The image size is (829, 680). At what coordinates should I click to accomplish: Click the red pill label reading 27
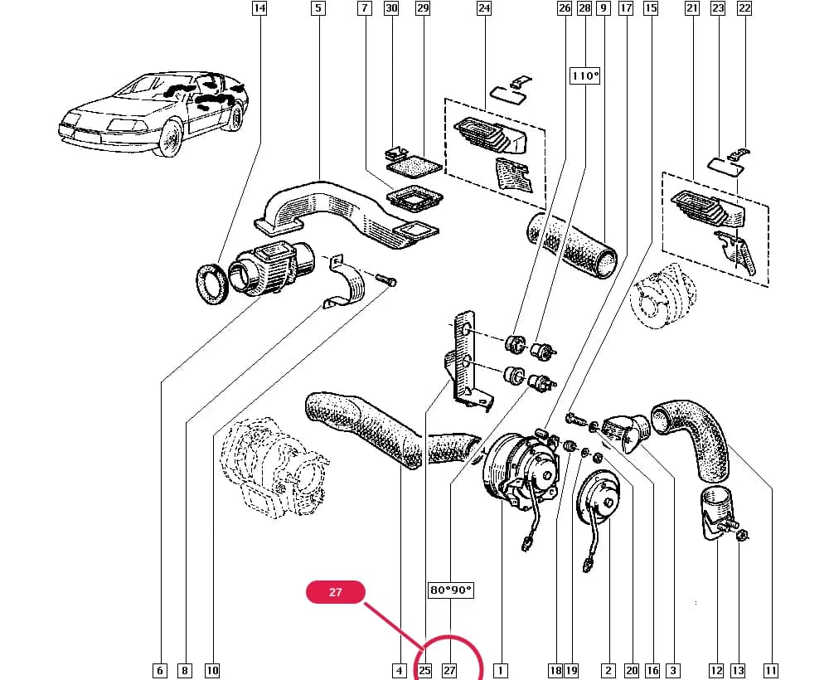(x=336, y=592)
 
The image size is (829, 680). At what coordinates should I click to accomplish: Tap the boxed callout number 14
(x=259, y=8)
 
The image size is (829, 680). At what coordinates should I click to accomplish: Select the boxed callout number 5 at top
(x=318, y=8)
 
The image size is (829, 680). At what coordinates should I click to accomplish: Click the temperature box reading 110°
(x=584, y=75)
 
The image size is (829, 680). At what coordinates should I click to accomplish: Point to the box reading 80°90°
(x=450, y=590)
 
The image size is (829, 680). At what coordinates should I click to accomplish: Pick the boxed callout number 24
(x=484, y=8)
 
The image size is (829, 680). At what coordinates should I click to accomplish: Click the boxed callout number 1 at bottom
(x=500, y=671)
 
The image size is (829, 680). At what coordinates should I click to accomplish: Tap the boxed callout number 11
(x=771, y=671)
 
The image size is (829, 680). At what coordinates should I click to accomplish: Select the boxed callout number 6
(x=160, y=671)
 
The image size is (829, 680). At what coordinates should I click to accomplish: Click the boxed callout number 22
(x=744, y=8)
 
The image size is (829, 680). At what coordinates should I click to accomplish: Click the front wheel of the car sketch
(x=170, y=139)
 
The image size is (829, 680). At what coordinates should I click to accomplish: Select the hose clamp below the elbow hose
(x=717, y=513)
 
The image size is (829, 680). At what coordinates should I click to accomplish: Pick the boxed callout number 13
(x=738, y=671)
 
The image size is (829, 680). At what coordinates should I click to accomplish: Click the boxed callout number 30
(x=391, y=8)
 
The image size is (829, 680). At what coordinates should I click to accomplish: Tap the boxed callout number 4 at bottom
(x=400, y=671)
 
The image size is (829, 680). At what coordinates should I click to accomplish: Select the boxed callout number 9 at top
(x=603, y=8)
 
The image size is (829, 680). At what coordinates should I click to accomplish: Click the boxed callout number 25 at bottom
(x=424, y=671)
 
